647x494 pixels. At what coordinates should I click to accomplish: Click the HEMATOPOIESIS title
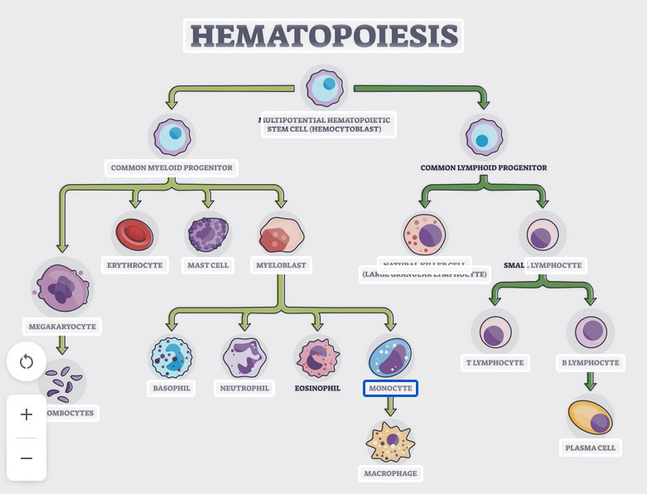[x=323, y=36]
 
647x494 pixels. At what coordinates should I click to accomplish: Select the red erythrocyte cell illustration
[x=134, y=234]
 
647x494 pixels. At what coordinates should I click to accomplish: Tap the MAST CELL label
[x=207, y=265]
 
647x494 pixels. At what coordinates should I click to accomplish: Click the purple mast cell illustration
[x=207, y=234]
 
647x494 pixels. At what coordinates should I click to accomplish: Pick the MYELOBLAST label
[x=281, y=265]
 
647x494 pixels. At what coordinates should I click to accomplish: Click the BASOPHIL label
[x=171, y=388]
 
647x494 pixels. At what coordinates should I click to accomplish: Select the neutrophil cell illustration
[x=244, y=357]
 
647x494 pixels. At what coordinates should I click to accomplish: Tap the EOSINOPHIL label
[x=317, y=388]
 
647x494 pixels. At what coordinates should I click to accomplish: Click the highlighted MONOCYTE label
[x=390, y=388]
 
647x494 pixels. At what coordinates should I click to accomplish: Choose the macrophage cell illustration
[x=390, y=442]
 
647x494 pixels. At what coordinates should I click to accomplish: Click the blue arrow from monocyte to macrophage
[x=390, y=407]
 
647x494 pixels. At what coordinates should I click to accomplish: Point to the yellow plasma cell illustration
[x=590, y=417]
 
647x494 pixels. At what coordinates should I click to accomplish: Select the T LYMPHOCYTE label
[x=495, y=362]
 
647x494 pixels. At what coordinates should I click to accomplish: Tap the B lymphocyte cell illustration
[x=590, y=332]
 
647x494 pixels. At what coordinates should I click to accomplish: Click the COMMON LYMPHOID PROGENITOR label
[x=484, y=167]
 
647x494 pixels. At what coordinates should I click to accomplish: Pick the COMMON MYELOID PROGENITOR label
[x=172, y=167]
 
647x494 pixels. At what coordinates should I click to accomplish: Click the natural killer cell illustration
[x=424, y=235]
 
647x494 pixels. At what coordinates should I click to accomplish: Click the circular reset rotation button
[x=26, y=362]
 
